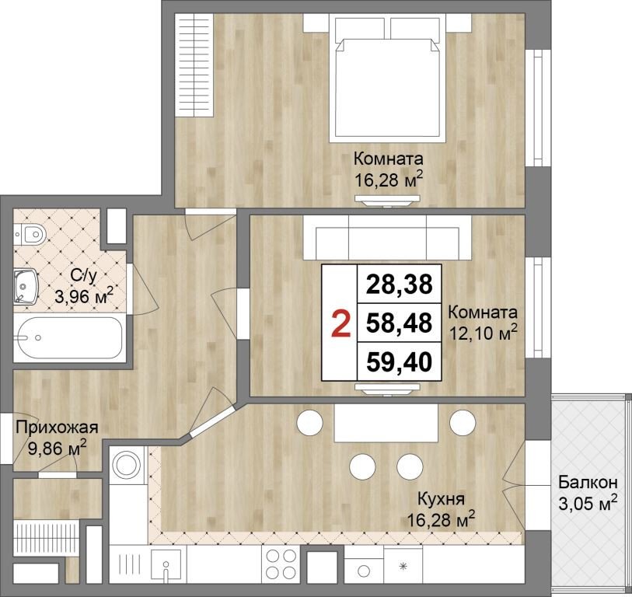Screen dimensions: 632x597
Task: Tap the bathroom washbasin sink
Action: coord(26,287)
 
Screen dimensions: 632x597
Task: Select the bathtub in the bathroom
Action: coord(68,338)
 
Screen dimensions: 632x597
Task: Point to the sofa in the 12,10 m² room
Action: coord(387,237)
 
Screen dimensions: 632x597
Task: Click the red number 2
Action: coord(340,324)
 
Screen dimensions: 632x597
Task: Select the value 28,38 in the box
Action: coord(399,285)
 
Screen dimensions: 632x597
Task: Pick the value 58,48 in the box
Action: coord(399,323)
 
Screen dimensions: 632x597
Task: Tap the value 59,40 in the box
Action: coord(399,361)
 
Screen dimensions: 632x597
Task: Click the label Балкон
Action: coord(588,482)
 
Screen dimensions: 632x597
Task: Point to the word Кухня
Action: coord(441,499)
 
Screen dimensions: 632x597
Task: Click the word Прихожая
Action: coord(57,428)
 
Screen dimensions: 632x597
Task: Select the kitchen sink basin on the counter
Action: coord(166,563)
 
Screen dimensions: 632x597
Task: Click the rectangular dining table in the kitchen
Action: coord(386,423)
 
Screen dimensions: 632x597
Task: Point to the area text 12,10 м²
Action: coord(483,333)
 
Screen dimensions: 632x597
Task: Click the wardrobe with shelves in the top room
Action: coord(195,65)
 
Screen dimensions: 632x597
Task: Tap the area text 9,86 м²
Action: coord(57,447)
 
